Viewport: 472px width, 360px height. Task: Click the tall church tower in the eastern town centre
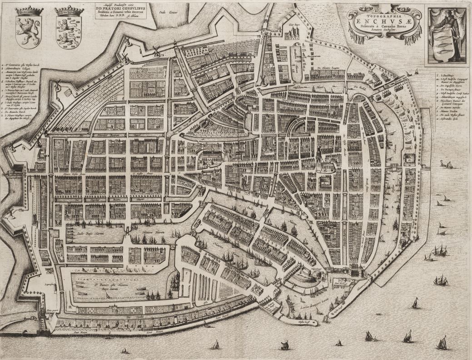tap(320, 157)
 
